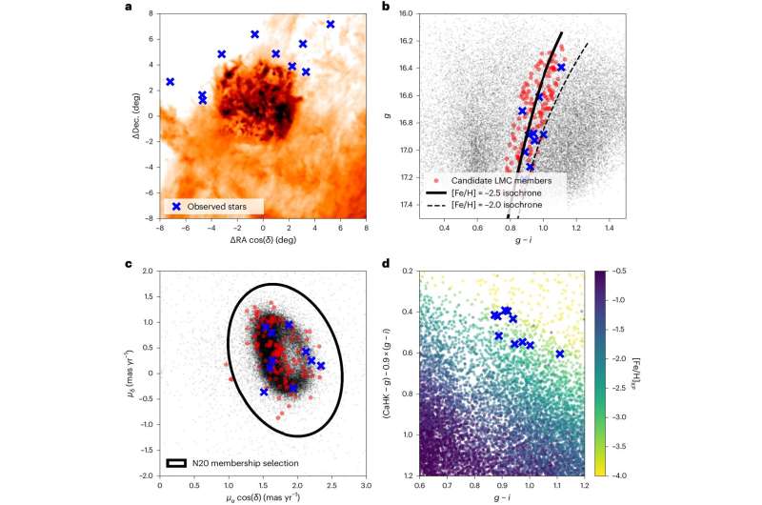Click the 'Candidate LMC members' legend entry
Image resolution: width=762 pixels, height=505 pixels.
(506, 179)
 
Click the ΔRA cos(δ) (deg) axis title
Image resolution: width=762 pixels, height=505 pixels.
(263, 242)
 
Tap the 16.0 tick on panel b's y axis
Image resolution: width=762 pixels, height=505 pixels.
(404, 14)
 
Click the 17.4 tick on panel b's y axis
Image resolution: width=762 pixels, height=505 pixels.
(404, 206)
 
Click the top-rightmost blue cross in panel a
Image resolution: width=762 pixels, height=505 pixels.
(331, 24)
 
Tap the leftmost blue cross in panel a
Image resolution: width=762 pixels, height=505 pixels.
(170, 82)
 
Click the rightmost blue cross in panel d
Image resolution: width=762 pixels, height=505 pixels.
(560, 353)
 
